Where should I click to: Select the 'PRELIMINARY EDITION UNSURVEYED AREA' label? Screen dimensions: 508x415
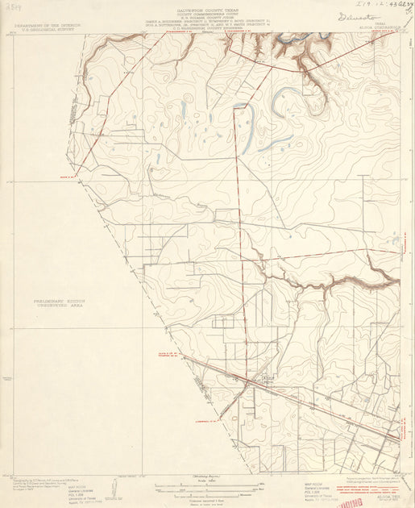tap(59, 302)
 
